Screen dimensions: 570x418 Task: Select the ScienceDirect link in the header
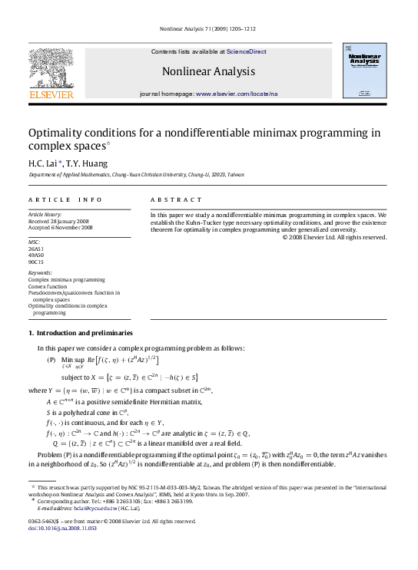[x=247, y=51]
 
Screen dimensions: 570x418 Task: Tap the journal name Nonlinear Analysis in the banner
[x=208, y=71]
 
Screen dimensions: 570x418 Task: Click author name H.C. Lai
[x=44, y=163]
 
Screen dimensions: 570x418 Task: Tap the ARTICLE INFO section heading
[x=65, y=199]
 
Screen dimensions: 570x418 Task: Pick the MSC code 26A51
[x=36, y=249]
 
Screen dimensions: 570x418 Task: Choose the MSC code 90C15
[x=36, y=262]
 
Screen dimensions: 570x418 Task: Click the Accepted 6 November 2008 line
[x=61, y=228]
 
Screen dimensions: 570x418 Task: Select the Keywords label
[x=40, y=273]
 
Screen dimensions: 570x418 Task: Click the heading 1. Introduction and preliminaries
[x=80, y=333]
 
